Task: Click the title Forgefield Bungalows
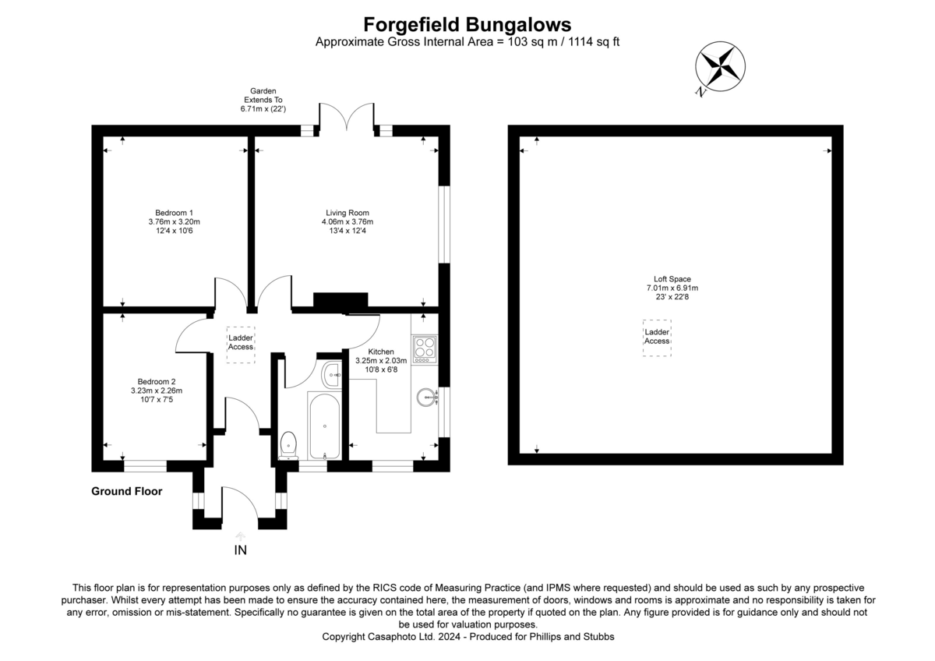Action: (x=467, y=24)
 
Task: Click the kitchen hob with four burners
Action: (x=425, y=349)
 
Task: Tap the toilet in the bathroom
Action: (x=288, y=444)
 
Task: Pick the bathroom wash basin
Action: (x=332, y=374)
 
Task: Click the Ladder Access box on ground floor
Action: (x=240, y=343)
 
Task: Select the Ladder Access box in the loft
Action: (x=657, y=338)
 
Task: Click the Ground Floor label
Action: (x=127, y=491)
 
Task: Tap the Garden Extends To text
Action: (x=263, y=101)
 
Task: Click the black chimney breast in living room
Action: (x=340, y=301)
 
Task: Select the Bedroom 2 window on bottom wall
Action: (x=146, y=466)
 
